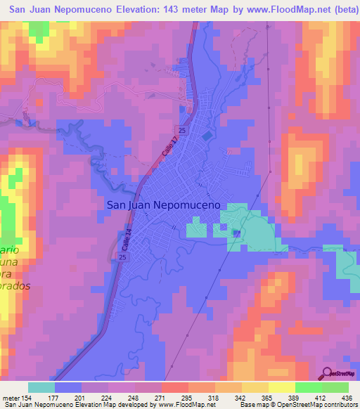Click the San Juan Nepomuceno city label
[x=163, y=205]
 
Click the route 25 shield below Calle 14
[x=122, y=260]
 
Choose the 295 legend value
[x=188, y=398]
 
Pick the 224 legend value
[x=108, y=398]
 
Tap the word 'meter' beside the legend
[x=11, y=398]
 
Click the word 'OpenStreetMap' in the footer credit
[x=307, y=405]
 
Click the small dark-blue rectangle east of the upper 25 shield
[x=207, y=134]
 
